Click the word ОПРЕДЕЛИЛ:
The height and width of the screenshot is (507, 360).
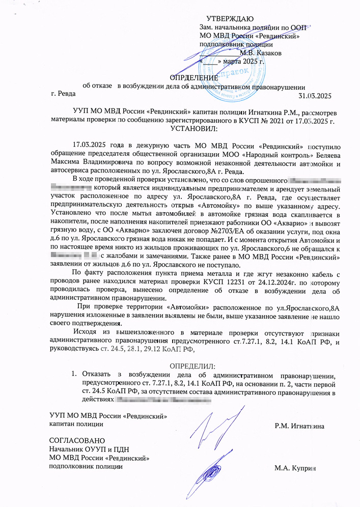coord(192,366)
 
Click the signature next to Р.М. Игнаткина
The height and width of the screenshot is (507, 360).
coord(213,425)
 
